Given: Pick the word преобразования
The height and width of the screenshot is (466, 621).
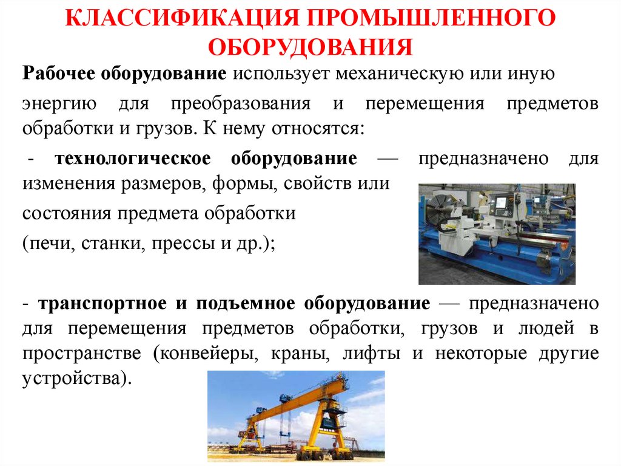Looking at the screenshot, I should tap(240, 103).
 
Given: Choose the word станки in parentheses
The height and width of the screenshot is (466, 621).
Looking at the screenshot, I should tap(107, 244).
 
